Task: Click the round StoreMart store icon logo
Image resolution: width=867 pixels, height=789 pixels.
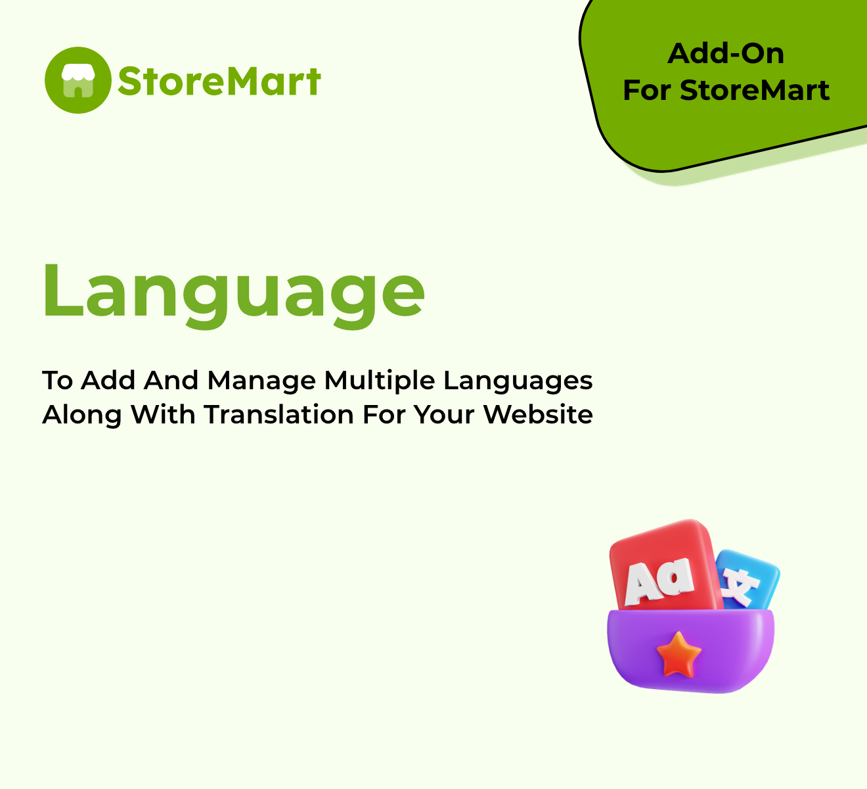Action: click(x=78, y=80)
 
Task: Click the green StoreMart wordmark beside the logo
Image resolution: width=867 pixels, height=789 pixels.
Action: click(x=219, y=82)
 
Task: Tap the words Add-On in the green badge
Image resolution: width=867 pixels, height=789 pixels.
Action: click(x=726, y=54)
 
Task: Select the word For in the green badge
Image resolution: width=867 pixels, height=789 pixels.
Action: click(x=648, y=91)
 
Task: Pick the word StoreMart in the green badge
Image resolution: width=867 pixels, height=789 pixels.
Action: click(x=755, y=91)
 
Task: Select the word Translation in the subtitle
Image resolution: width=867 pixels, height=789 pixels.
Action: click(x=279, y=415)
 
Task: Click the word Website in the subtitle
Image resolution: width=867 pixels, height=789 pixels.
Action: click(x=538, y=415)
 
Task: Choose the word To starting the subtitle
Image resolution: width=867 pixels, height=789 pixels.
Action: click(x=58, y=381)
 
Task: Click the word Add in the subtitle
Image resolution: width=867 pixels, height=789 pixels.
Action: click(x=108, y=381)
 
